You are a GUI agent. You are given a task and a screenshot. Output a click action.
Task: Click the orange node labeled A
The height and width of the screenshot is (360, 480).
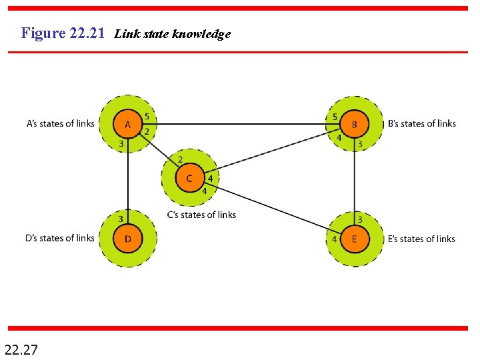[x=127, y=124]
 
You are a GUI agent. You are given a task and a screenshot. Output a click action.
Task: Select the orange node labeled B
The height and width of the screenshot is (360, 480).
[x=354, y=124]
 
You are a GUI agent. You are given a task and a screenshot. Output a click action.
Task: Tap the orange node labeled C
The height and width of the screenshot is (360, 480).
[x=189, y=178]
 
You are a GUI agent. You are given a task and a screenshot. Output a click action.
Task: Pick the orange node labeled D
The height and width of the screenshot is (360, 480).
[x=127, y=239]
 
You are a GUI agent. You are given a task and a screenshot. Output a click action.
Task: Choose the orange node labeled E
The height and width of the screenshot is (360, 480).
[x=354, y=239]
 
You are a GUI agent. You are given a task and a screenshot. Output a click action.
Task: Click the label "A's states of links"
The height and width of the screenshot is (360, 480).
[x=61, y=123]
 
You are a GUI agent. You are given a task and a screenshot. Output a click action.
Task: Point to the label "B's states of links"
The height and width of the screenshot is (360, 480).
[x=421, y=123]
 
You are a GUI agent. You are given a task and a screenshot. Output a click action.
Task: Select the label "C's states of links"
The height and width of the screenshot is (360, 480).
[x=201, y=215]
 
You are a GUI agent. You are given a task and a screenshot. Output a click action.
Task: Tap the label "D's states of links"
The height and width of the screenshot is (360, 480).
[x=60, y=238]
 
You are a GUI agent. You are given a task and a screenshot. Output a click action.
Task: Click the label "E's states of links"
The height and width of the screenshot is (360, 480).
[x=421, y=239]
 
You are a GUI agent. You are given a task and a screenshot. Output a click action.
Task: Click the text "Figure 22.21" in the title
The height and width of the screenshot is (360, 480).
[x=63, y=33]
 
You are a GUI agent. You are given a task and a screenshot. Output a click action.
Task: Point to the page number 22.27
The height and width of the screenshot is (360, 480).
[x=21, y=348]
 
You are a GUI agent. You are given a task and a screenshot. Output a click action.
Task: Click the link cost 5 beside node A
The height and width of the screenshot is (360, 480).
[x=147, y=117]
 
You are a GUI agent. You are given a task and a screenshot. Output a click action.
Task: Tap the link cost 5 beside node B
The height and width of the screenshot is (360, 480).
[x=335, y=117]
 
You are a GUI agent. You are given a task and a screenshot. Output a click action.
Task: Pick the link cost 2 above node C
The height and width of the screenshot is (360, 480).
[x=180, y=160]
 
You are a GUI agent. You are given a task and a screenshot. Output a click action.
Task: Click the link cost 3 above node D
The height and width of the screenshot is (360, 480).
[x=121, y=219]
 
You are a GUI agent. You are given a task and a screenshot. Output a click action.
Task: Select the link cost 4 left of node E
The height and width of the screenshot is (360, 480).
[x=334, y=239]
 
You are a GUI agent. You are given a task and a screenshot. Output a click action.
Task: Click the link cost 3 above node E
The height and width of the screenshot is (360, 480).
[x=360, y=219]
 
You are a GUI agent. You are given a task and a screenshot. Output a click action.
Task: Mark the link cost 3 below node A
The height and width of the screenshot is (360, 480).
[x=121, y=143]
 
